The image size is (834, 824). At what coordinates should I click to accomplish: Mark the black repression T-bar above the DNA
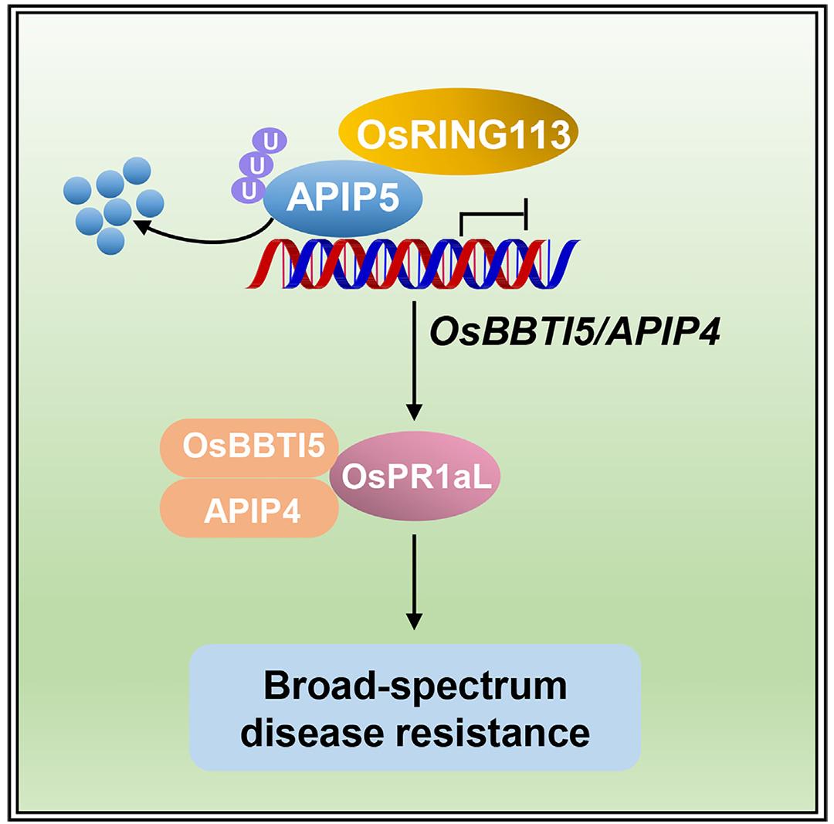coord(493,214)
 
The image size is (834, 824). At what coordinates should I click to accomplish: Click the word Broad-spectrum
coord(415,686)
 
